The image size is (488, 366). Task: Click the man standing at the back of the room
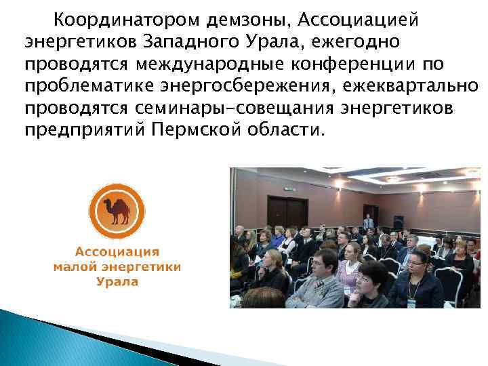click(x=368, y=222)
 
